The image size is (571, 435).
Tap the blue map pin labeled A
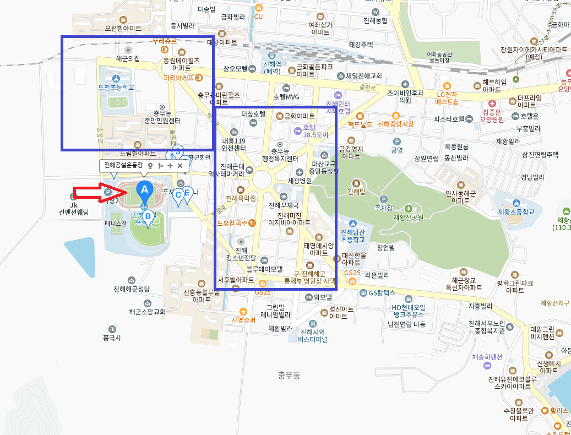[x=144, y=191]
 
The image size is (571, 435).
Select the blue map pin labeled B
[x=148, y=217]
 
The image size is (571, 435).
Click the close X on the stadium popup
[x=180, y=165]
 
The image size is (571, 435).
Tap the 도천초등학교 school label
[x=116, y=88]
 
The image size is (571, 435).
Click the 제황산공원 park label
[x=409, y=217]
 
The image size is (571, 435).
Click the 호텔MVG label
[x=286, y=97]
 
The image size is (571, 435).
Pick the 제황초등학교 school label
[x=516, y=211]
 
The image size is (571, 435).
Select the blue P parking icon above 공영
[x=396, y=142]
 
